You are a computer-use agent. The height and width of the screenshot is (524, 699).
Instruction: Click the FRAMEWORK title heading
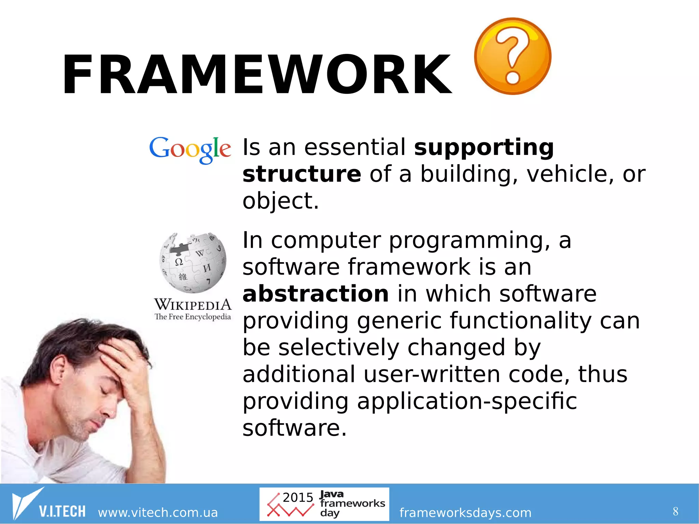(x=257, y=74)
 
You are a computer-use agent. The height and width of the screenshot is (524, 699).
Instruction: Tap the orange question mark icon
(x=512, y=56)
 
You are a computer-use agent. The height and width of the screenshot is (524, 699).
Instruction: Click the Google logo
(x=190, y=150)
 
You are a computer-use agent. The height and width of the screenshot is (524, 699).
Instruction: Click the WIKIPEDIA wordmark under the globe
(x=193, y=304)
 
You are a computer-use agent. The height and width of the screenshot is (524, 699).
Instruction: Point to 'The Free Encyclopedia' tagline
(x=193, y=317)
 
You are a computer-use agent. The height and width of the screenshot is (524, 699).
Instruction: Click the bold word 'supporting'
(x=484, y=147)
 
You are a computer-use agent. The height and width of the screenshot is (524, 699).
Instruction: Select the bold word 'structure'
(x=301, y=174)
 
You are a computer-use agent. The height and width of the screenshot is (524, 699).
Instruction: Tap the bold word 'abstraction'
(x=315, y=294)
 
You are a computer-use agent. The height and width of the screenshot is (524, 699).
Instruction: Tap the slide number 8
(x=675, y=511)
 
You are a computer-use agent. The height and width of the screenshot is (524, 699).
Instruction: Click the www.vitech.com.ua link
(x=158, y=512)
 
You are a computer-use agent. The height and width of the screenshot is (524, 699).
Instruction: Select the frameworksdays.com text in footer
(x=465, y=512)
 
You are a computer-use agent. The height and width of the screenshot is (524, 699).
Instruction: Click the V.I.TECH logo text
(x=62, y=511)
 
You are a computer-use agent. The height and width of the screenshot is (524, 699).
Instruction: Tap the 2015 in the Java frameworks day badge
(x=298, y=498)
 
